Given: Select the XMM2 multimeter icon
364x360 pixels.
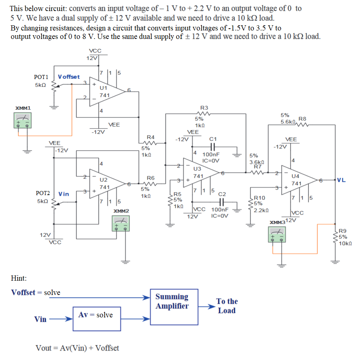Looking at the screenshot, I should pyautogui.click(x=121, y=224).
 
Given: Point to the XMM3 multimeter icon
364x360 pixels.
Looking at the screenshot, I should pyautogui.click(x=277, y=235).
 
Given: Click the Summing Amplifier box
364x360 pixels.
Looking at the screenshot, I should pyautogui.click(x=172, y=307).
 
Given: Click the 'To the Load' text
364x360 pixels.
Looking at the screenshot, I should pyautogui.click(x=227, y=306).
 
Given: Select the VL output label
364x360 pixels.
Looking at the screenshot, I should pyautogui.click(x=341, y=180).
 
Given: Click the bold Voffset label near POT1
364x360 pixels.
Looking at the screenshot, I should pyautogui.click(x=69, y=77).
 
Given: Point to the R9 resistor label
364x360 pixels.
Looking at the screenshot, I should pyautogui.click(x=342, y=231).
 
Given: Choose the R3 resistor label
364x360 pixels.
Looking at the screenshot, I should pyautogui.click(x=204, y=108).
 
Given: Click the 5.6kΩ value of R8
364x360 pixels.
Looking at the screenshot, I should pyautogui.click(x=288, y=122).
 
